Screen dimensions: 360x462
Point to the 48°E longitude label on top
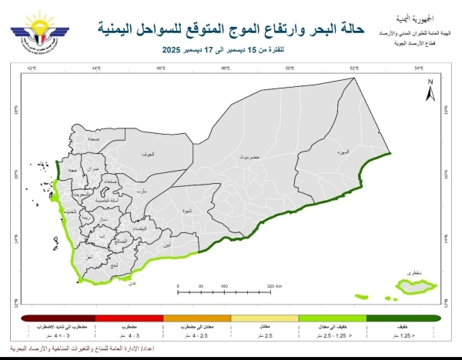coord(226,69)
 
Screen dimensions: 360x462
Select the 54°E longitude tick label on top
coord(419,69)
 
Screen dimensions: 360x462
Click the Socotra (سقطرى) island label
coord(410,272)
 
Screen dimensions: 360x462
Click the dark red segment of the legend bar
coord(56,317)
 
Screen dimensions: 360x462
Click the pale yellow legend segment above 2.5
coord(264,317)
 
